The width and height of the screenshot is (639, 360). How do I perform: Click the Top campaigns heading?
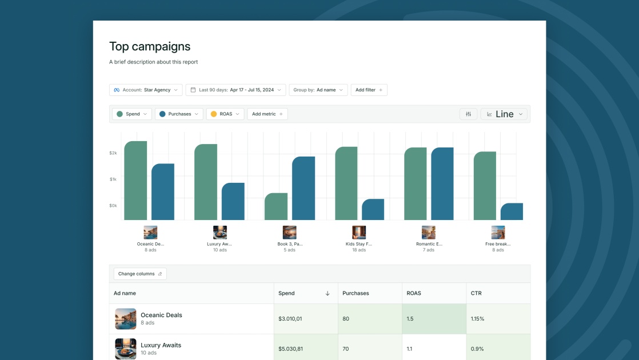[x=150, y=47]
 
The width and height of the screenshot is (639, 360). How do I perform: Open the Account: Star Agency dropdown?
[x=146, y=90]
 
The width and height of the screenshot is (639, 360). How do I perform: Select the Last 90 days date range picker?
[x=235, y=90]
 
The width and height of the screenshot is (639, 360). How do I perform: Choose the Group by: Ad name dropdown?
[x=318, y=90]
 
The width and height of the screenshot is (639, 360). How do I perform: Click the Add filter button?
[x=369, y=90]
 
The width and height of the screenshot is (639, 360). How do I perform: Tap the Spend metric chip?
[x=132, y=114]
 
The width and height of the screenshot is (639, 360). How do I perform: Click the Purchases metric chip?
[x=179, y=114]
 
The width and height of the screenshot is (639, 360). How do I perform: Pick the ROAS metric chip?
[x=225, y=114]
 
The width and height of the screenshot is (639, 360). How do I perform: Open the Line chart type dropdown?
[x=504, y=114]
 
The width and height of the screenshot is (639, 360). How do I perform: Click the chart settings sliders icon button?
[x=468, y=114]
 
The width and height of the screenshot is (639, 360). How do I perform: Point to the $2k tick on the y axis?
[x=113, y=153]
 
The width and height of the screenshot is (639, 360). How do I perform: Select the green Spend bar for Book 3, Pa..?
[x=276, y=207]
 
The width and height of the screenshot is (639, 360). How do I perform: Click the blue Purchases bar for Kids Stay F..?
[x=373, y=210]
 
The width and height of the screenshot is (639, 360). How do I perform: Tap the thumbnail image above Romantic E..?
[x=429, y=233]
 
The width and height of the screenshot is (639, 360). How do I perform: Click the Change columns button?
[x=140, y=274]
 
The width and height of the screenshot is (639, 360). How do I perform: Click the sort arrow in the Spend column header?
[x=328, y=293]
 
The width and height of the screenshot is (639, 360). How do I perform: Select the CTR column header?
[x=477, y=293]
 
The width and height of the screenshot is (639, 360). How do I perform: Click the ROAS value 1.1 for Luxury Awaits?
[x=410, y=349]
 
